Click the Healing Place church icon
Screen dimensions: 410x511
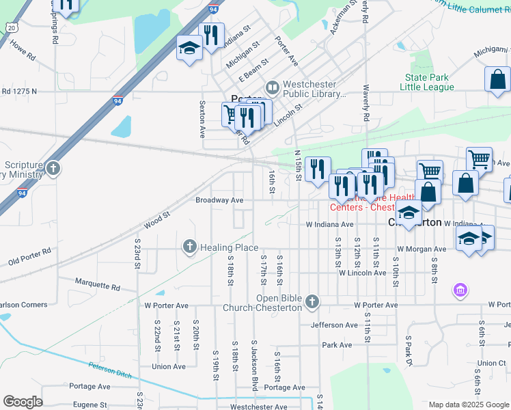point(189,246)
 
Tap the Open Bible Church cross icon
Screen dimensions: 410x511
point(312,301)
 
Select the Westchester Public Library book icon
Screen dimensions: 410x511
point(272,87)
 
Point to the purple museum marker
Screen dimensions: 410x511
point(460,291)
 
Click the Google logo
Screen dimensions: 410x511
point(23,401)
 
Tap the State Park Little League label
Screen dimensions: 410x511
point(429,83)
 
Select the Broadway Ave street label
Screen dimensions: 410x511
point(219,200)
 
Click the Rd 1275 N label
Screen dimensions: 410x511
point(28,90)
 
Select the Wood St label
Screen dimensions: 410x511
point(156,220)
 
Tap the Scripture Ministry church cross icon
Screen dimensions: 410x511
point(53,168)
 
